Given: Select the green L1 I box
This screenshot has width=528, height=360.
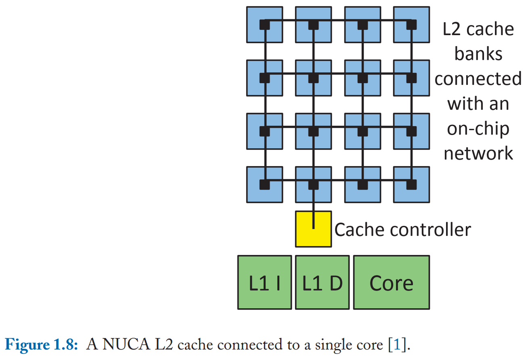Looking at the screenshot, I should coord(264,282).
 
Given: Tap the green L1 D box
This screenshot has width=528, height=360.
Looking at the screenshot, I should coord(322,282).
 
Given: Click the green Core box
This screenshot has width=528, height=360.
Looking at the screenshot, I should coord(391,282).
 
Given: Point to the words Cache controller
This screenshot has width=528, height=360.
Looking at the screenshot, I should coord(402,230).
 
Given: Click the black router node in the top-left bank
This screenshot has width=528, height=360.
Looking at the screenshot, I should coord(264,25).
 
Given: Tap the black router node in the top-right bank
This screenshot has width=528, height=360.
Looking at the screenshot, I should coord(411,25).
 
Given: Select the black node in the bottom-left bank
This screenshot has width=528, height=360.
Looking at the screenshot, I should coord(264,185).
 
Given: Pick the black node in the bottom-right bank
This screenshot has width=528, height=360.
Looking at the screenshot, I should coord(411,185).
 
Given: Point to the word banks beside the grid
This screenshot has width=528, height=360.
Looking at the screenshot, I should coord(478,54).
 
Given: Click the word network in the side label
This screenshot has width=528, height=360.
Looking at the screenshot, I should coord(478,154).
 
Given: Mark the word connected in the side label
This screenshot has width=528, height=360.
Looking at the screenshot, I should coord(478,79).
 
